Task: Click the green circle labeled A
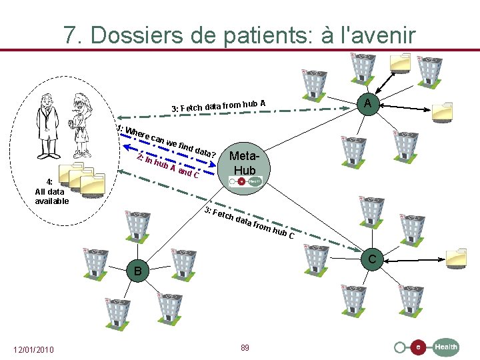pos(368,103)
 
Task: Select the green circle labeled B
pos(137,271)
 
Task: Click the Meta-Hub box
pos(245,167)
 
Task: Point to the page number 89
pos(245,348)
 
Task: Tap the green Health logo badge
pos(446,347)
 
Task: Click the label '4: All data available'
pos(52,191)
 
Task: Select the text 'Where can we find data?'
pos(167,142)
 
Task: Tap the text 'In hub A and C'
pos(167,167)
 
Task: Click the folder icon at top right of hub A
pos(403,61)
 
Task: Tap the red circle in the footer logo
pos(418,347)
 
